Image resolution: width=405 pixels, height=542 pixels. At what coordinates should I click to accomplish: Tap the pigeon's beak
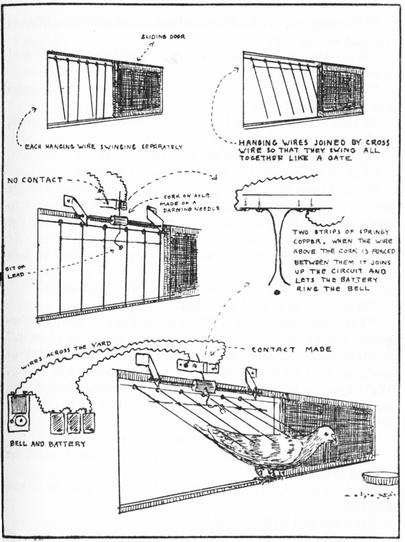point(336,437)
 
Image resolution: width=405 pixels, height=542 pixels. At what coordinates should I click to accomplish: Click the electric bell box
point(19,412)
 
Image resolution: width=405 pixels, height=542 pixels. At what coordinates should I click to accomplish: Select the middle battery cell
point(74,422)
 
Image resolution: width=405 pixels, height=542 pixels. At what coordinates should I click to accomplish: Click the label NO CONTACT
point(35,180)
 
